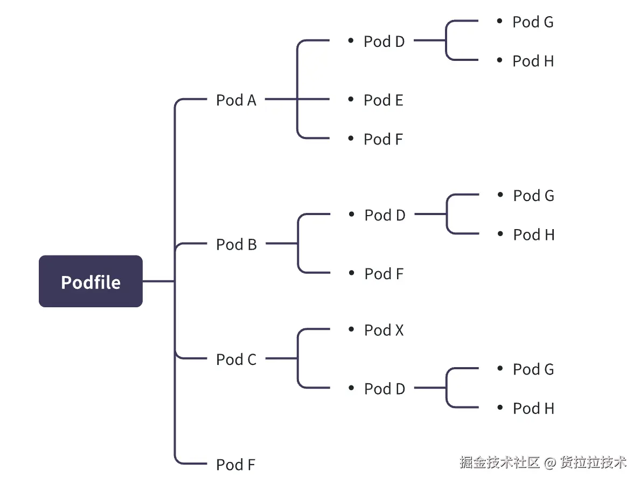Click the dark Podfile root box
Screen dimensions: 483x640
(x=91, y=281)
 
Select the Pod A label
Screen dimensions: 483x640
(x=236, y=100)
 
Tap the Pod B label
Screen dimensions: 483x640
(x=236, y=245)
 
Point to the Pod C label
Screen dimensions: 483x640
(x=236, y=360)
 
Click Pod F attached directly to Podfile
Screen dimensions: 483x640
(x=235, y=464)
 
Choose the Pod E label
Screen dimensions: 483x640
(x=383, y=100)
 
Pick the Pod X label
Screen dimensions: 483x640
(x=384, y=330)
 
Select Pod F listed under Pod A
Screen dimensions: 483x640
(x=383, y=139)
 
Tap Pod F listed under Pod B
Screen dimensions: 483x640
(x=384, y=274)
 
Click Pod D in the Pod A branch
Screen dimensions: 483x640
(x=384, y=42)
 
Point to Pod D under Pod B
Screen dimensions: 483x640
(x=385, y=215)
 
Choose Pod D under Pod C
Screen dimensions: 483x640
(x=385, y=389)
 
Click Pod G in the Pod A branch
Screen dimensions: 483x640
(x=533, y=22)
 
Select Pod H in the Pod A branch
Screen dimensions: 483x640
(x=533, y=61)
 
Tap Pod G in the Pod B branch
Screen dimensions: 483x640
(x=533, y=196)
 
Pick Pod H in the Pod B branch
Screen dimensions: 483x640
(x=533, y=234)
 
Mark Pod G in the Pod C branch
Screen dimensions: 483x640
(x=533, y=369)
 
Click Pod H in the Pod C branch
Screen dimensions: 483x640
(x=533, y=408)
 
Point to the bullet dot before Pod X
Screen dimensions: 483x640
(x=351, y=329)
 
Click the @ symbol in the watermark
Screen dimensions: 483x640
(x=549, y=463)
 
